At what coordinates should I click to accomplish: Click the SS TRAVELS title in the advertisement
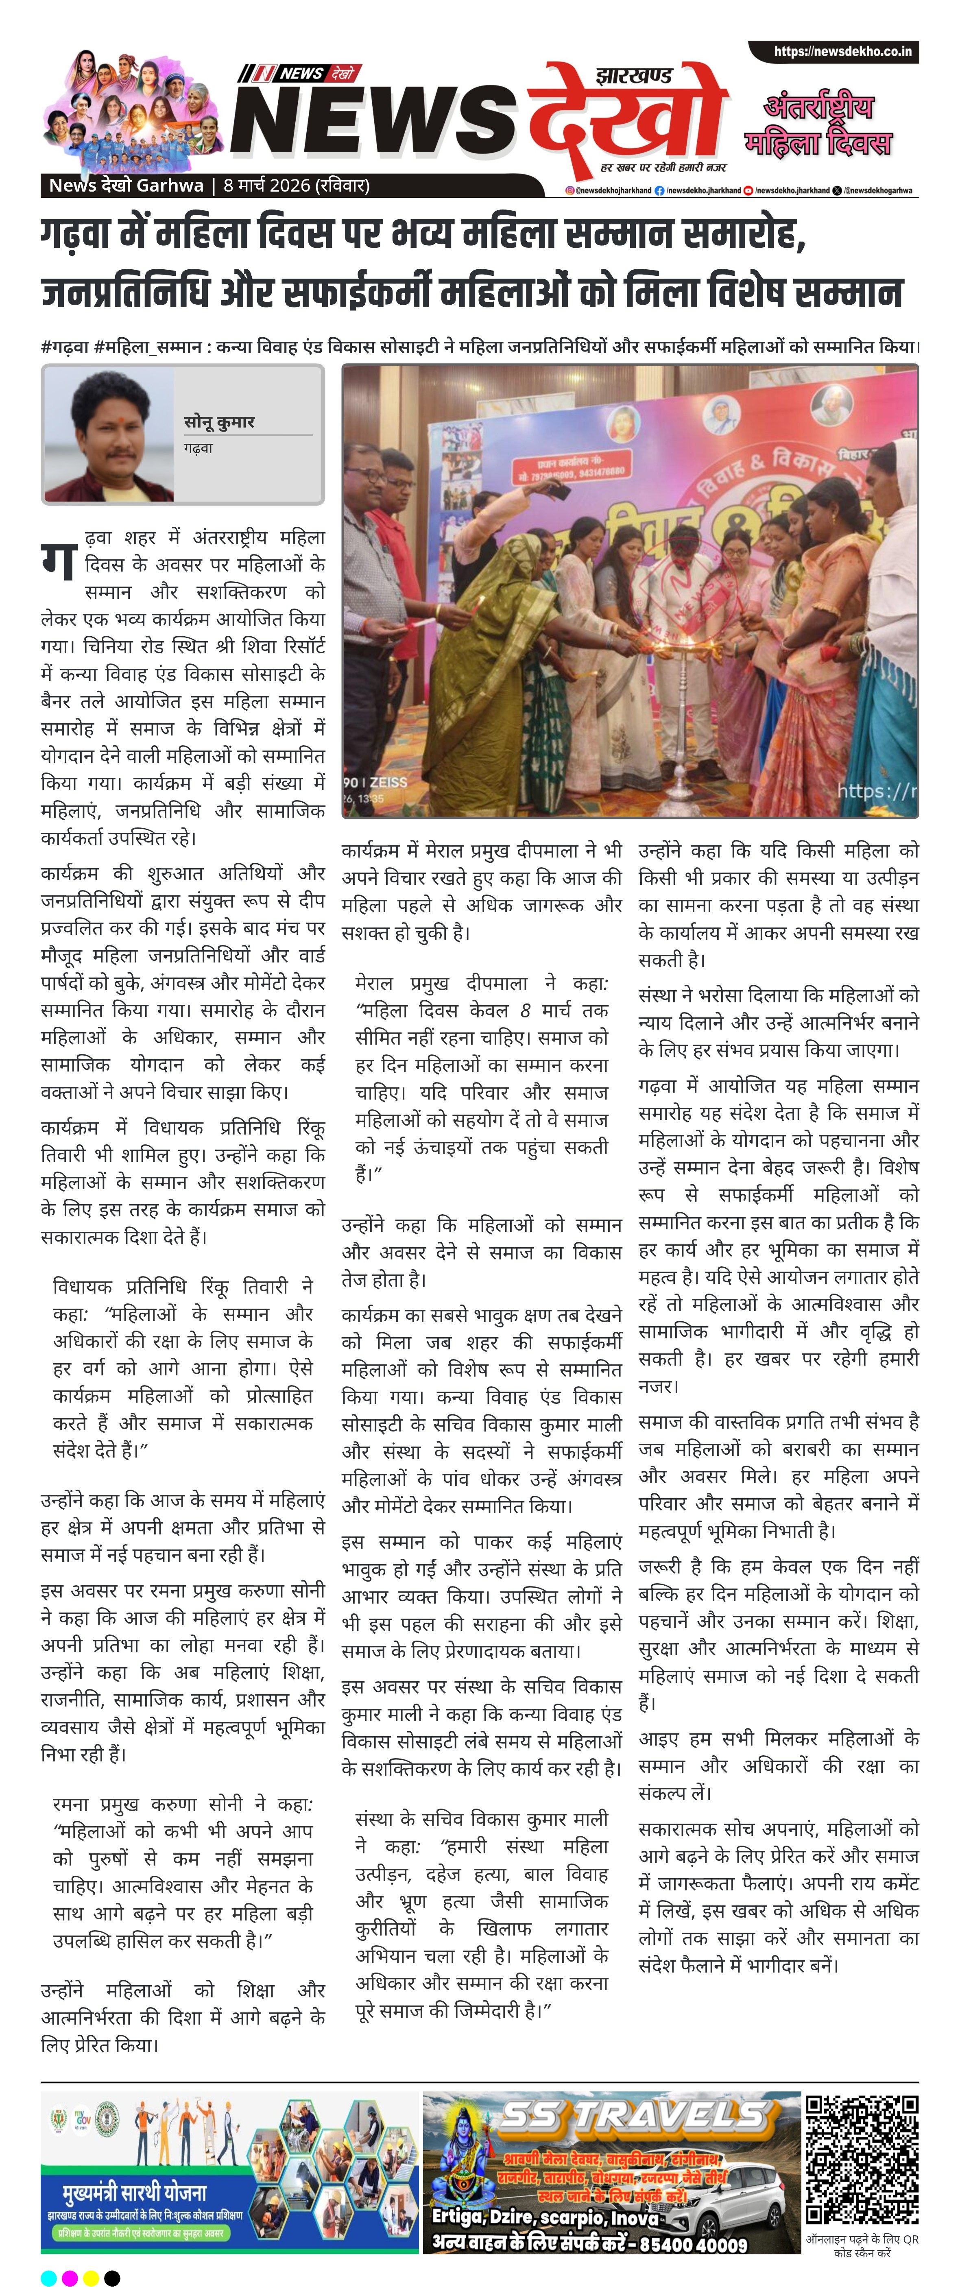pos(633,2118)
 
